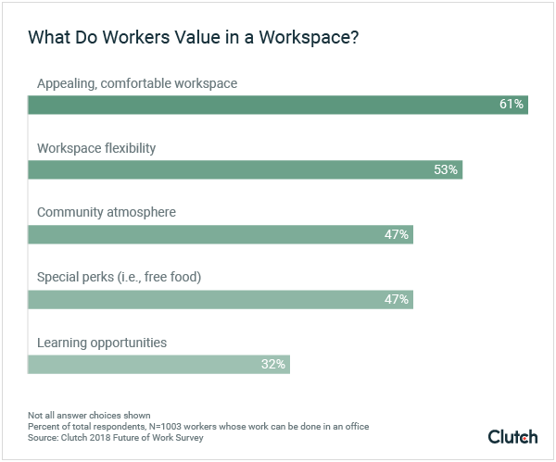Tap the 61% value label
(512, 105)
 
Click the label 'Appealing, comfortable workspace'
(137, 83)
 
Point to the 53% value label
(446, 169)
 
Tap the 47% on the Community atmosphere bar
(397, 234)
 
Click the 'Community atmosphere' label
(106, 212)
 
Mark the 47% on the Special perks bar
(397, 299)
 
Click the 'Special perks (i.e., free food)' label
(119, 278)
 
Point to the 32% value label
(273, 364)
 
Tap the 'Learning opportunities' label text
(102, 343)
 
